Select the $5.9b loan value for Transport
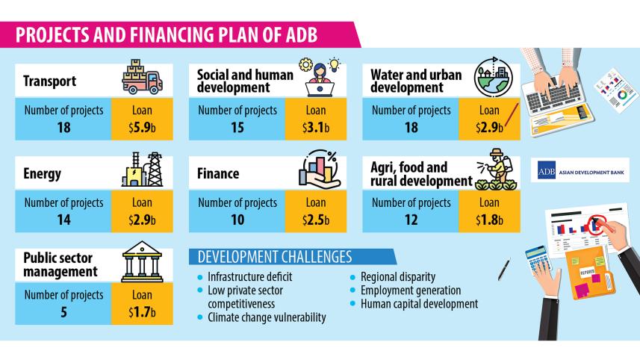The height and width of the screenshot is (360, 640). [x=142, y=127]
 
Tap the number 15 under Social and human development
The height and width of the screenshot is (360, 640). [x=237, y=127]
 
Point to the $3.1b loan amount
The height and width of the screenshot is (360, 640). [x=316, y=127]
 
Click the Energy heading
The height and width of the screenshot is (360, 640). [x=42, y=173]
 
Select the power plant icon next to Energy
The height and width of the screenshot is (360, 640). [x=143, y=170]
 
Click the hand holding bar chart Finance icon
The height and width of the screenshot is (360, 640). [x=318, y=170]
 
